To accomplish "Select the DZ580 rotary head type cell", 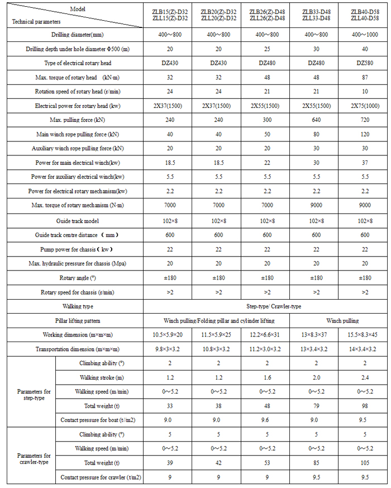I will pos(365,63).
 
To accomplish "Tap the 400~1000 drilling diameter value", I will pos(365,35).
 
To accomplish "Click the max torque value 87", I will pos(365,77).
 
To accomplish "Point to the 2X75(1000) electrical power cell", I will pos(365,106).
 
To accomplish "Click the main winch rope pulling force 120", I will pos(365,134).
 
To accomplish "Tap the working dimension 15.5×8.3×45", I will pos(365,335).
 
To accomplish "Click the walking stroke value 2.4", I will pos(365,377).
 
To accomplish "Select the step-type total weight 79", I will pos(317,406).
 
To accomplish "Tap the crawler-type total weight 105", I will pos(365,463).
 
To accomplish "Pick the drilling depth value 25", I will pos(267,49).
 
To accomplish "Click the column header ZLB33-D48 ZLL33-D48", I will pos(317,15).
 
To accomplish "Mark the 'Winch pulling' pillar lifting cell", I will pos(340,320).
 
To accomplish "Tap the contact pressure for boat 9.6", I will pos(267,420).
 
